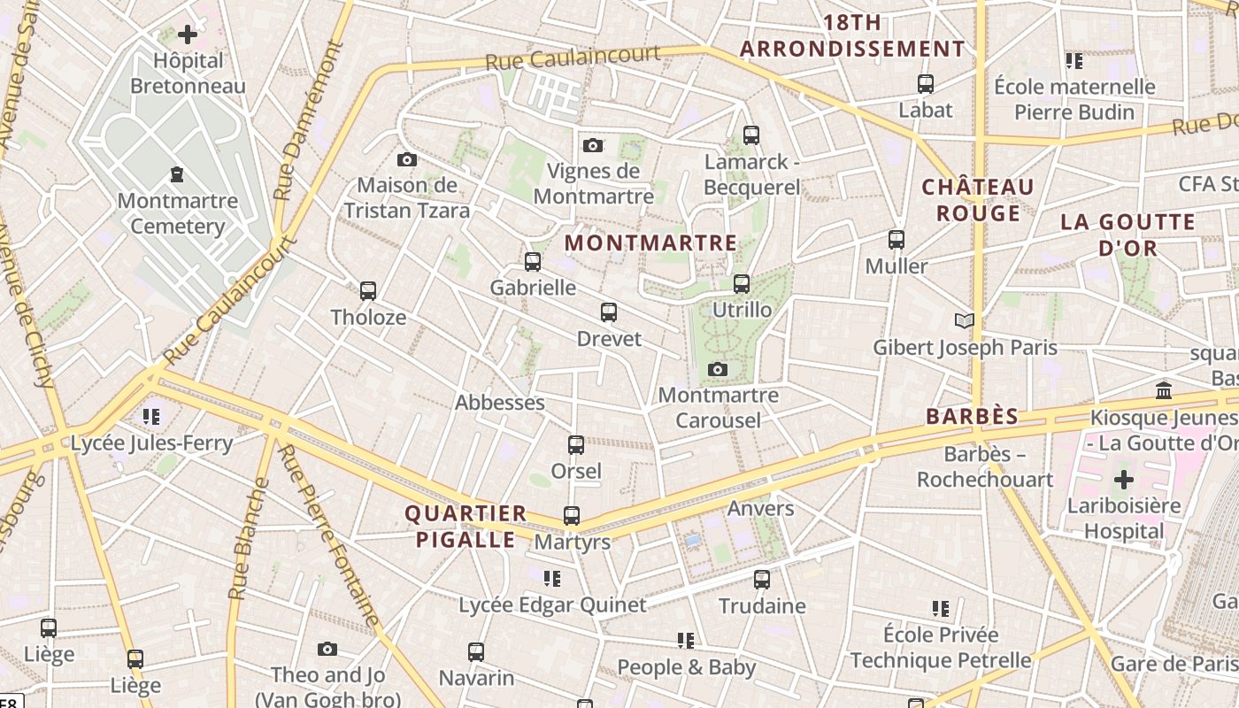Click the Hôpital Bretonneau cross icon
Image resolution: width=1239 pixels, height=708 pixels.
[x=188, y=35]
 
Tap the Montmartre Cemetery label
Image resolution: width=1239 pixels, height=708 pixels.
[x=178, y=213]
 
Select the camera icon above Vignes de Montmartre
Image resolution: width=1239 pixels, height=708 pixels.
[x=593, y=145]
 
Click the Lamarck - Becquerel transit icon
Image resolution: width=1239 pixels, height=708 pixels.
[x=751, y=135]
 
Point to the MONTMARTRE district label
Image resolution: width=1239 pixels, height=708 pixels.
[x=650, y=242]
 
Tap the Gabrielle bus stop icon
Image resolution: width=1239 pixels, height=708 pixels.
[x=532, y=262]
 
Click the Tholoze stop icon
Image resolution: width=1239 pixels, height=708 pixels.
[x=368, y=290]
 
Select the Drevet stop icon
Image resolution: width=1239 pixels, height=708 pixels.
[x=609, y=312]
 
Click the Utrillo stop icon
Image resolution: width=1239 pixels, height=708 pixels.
[x=742, y=284]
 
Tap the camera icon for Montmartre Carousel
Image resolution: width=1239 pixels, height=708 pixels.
[x=718, y=369]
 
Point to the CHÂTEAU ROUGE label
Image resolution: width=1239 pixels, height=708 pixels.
[x=978, y=200]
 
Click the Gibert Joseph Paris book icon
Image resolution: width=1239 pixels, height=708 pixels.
[x=965, y=320]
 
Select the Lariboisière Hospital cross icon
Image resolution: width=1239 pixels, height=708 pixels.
[x=1123, y=481]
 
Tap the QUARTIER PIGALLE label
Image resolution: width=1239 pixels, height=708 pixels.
[x=466, y=526]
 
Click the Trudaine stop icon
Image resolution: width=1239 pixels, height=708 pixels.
[x=762, y=580]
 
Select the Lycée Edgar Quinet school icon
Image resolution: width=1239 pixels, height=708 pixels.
[x=552, y=579]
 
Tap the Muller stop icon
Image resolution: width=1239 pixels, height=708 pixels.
[x=897, y=240]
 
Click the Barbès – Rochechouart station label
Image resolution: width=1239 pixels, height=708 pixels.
[x=985, y=467]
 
